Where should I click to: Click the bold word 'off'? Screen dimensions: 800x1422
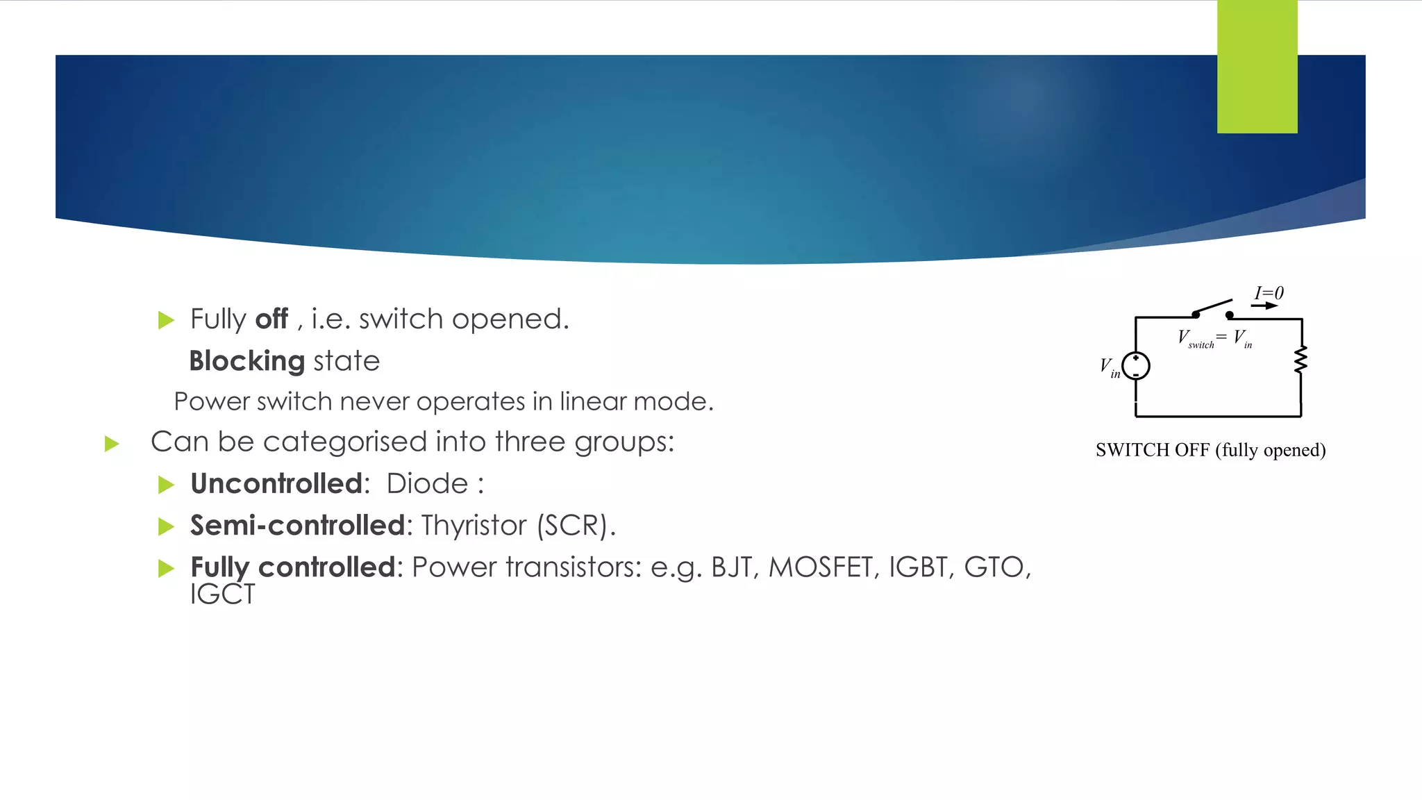pos(271,319)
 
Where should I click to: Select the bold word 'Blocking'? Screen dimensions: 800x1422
pos(246,361)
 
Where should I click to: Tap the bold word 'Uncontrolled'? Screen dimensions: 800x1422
pos(276,483)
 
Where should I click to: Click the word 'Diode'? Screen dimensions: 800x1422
pos(427,483)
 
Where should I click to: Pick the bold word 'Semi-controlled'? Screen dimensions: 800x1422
pos(297,526)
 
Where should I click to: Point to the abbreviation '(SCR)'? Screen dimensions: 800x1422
pos(575,526)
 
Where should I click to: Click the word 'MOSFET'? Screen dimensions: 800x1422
pos(820,567)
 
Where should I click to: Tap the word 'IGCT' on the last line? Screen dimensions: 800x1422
pos(222,594)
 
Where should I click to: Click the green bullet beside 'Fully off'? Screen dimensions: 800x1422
pos(166,320)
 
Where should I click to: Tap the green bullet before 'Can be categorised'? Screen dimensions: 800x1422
pos(112,444)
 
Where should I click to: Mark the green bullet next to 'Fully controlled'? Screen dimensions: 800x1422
pos(166,569)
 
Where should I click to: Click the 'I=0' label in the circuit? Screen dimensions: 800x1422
pos(1269,293)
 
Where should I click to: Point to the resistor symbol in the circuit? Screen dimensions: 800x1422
pos(1300,360)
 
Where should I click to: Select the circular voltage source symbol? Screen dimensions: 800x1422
pos(1136,366)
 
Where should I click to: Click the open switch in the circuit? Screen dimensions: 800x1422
pos(1212,308)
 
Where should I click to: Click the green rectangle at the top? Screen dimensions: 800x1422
pos(1257,67)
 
